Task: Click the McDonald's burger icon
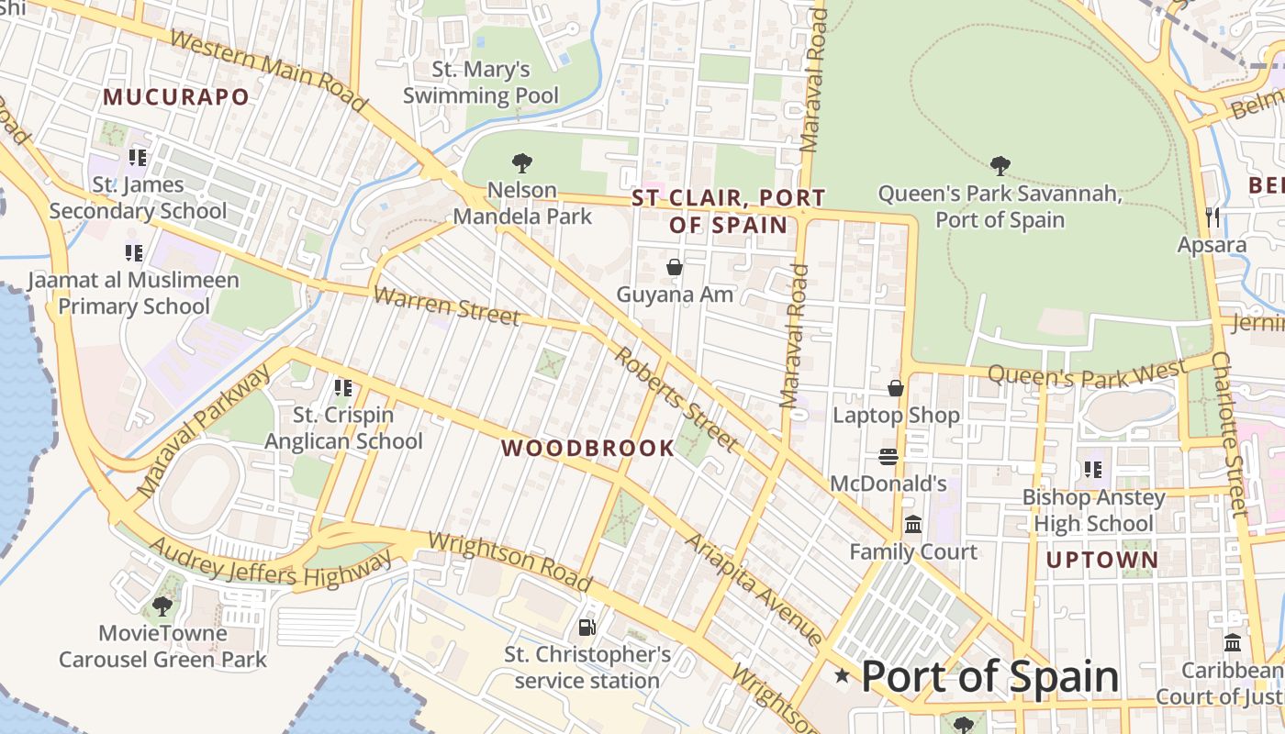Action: [888, 456]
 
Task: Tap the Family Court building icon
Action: [913, 525]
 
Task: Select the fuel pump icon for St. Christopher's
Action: [587, 628]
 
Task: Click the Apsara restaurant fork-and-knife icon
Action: [1213, 217]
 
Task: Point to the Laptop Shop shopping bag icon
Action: [896, 388]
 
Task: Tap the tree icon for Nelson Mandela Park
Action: [522, 163]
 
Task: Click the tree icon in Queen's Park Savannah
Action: [1000, 166]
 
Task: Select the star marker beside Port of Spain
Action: [842, 676]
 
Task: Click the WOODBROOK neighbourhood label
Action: [587, 449]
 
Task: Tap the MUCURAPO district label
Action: [176, 97]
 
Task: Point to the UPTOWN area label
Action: [1101, 559]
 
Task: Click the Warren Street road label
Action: [447, 306]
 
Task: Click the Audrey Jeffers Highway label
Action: [270, 562]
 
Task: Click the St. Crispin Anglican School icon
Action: [343, 388]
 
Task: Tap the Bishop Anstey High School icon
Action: [1092, 470]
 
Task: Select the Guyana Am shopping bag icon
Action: [675, 267]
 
